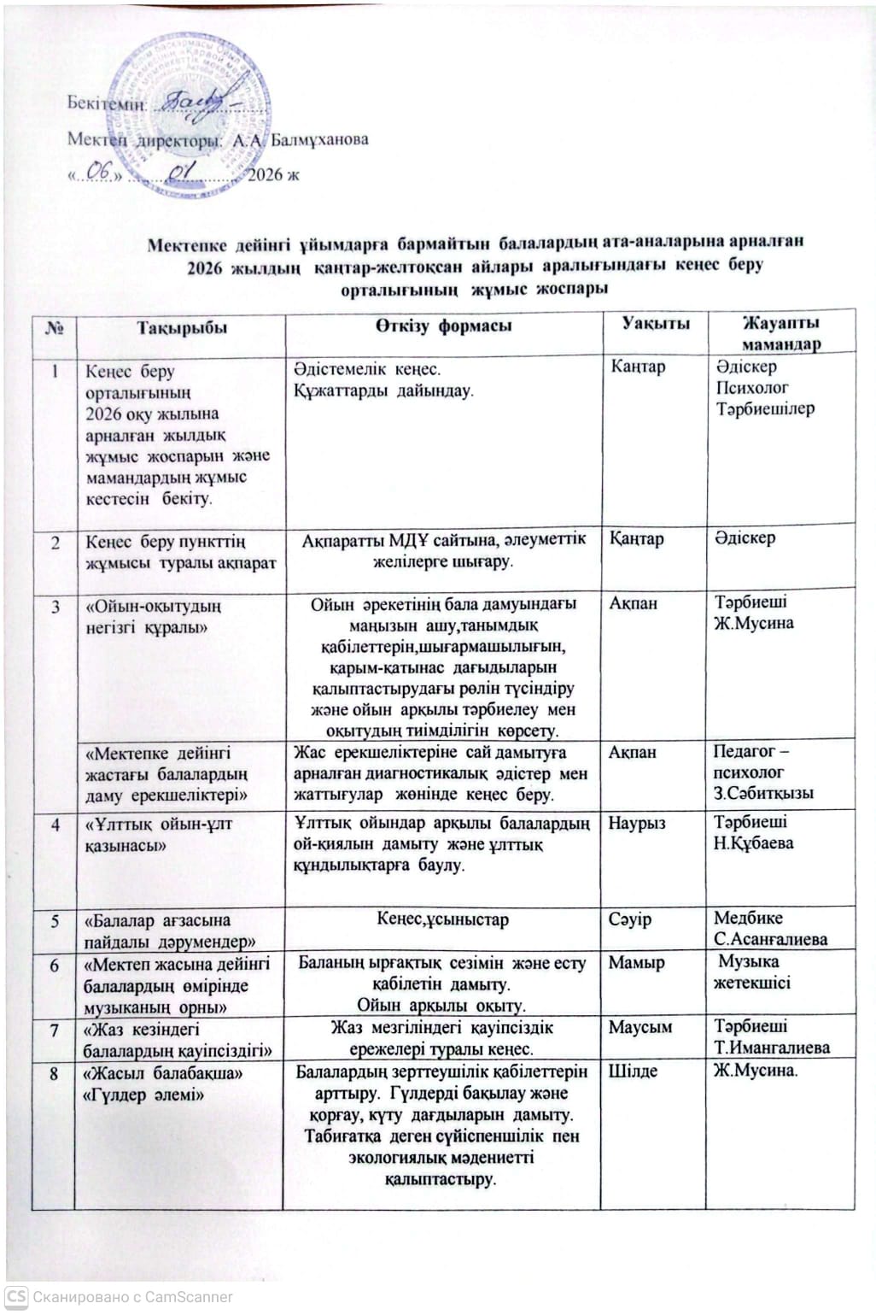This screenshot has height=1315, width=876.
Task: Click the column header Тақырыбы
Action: (182, 328)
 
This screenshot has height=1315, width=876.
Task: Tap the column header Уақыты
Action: (655, 323)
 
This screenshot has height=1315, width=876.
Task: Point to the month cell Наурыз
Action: (637, 824)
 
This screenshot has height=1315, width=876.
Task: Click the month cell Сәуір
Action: (629, 919)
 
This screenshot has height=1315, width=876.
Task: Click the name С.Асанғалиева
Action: (770, 939)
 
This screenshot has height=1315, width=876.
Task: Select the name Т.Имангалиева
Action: (772, 1048)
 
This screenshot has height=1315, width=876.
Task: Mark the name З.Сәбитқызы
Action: (763, 794)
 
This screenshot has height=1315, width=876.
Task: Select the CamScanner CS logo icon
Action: (16, 1296)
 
